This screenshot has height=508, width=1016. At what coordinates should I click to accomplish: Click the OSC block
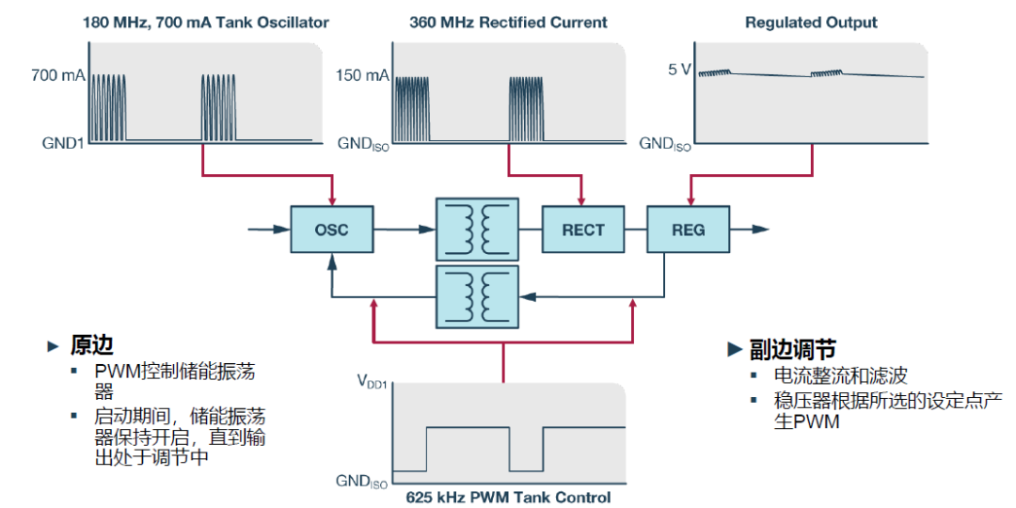coord(331,229)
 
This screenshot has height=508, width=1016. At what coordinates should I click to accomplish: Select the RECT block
coord(583,229)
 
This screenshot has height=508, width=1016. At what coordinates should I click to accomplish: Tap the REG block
coord(689,229)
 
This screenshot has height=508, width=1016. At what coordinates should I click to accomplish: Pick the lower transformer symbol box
coord(477,294)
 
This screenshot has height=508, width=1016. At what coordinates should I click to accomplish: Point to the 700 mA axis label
coord(57,72)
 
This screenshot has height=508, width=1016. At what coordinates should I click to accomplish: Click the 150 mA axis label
coord(362,72)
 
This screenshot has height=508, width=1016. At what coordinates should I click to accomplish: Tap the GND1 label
coord(64,144)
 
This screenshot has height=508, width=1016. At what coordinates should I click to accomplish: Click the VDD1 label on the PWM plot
coord(373,381)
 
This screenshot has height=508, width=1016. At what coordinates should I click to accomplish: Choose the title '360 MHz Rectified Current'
coord(508,22)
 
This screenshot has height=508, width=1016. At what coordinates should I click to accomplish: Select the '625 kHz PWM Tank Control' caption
coord(508,497)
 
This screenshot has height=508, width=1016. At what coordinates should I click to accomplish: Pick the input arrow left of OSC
coord(268,229)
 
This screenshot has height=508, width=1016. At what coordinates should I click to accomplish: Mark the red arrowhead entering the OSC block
coord(331,198)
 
